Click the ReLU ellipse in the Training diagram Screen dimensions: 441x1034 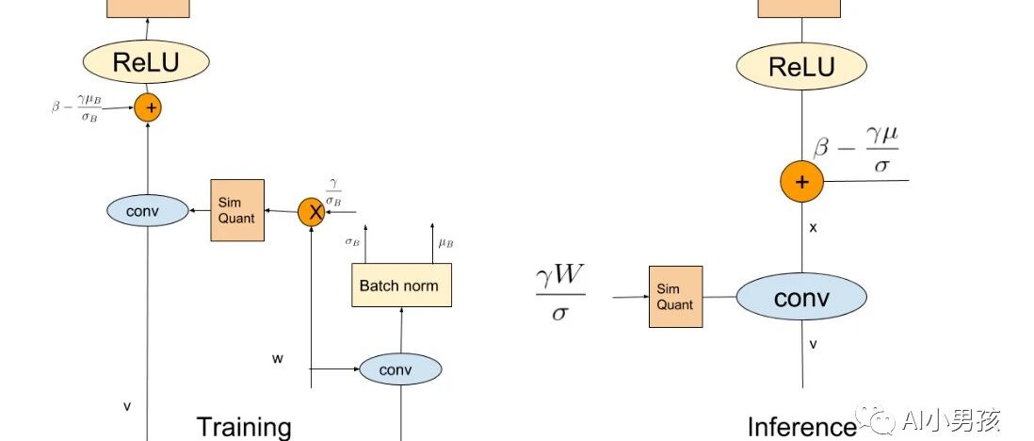click(x=146, y=63)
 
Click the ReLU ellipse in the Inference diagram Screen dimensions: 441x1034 click(x=801, y=67)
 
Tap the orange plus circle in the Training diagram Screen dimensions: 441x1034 click(x=148, y=107)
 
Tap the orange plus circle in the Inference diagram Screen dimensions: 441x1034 click(x=801, y=181)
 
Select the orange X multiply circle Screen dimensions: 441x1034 click(x=312, y=213)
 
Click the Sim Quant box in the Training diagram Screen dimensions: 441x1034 click(x=235, y=209)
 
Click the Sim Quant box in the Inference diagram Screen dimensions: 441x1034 click(x=675, y=297)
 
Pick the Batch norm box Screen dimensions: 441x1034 click(x=400, y=286)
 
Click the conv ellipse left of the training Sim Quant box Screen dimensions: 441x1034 click(x=147, y=209)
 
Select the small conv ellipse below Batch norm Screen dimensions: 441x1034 click(x=400, y=369)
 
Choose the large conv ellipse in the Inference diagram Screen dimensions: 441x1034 click(x=801, y=298)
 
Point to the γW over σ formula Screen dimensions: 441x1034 click(x=560, y=293)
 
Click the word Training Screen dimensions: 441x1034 click(x=243, y=426)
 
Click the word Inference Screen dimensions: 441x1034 click(x=801, y=427)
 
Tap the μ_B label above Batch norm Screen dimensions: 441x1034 click(x=445, y=242)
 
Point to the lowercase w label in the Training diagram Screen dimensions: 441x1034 click(x=278, y=358)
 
